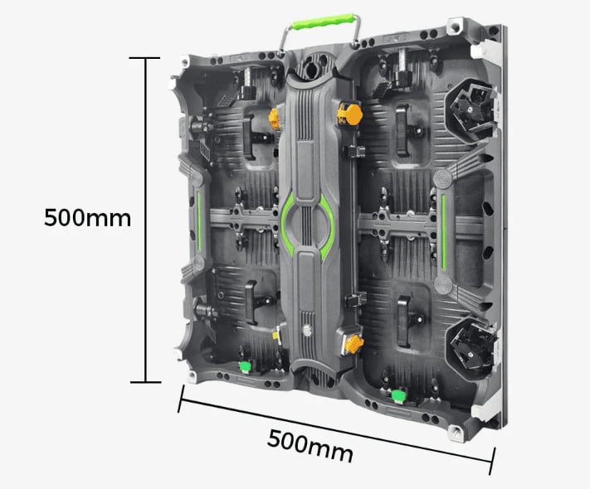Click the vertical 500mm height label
coord(87,218)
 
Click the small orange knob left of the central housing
coord(273,117)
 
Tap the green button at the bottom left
coord(245,366)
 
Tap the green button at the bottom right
coord(398,396)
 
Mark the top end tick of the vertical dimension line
coord(145,58)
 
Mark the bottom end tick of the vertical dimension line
coord(145,382)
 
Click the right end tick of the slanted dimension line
coord(495,459)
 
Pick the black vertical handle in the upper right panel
coord(405,130)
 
